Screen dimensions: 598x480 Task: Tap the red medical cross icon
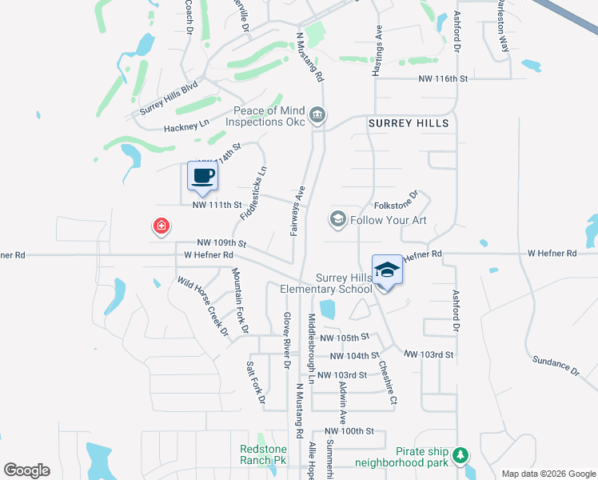click(x=161, y=226)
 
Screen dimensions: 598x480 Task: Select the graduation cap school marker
click(x=388, y=270)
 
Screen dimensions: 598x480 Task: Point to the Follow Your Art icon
click(x=337, y=219)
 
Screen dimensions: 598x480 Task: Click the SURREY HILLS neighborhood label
click(x=409, y=123)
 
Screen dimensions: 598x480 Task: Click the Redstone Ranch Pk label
click(x=263, y=454)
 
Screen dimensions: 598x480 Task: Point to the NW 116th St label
click(x=442, y=78)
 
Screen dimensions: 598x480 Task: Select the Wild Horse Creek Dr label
click(x=203, y=306)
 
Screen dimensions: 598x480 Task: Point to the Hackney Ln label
click(x=185, y=124)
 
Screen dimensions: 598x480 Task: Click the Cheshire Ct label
click(x=388, y=384)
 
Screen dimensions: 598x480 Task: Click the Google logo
click(x=26, y=470)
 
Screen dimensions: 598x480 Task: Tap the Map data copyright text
click(x=548, y=474)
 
